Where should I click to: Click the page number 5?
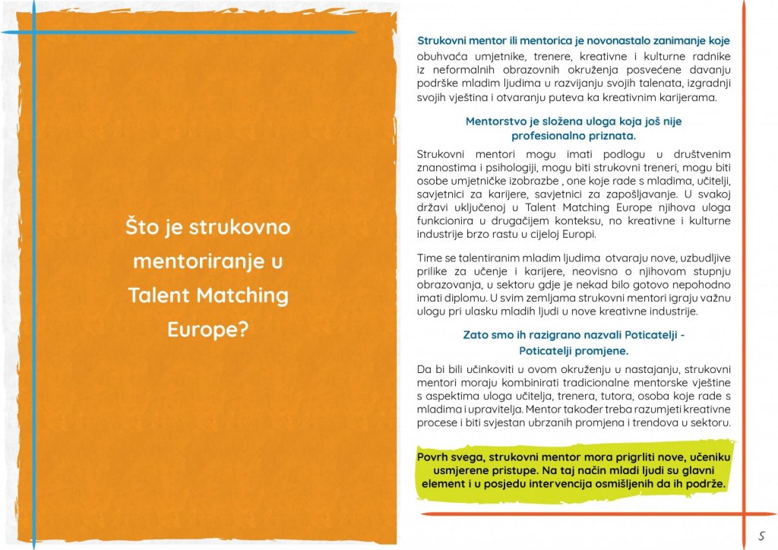point(761,534)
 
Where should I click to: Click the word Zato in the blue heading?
point(477,334)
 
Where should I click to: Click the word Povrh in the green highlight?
point(434,457)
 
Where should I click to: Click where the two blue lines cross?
point(33,33)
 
